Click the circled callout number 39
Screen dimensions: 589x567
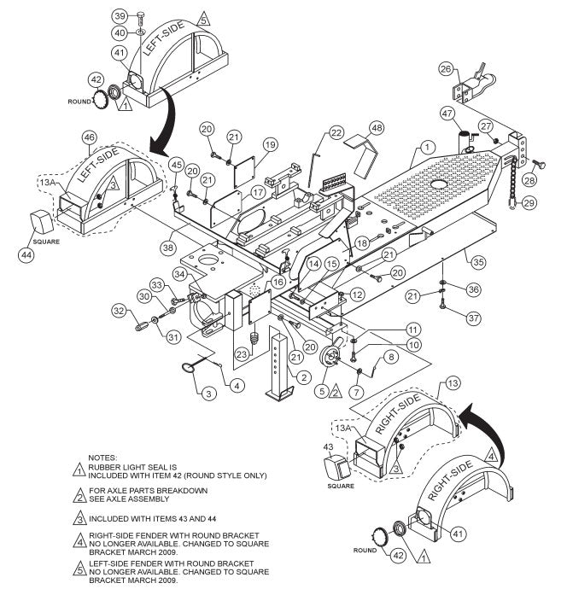tap(120, 16)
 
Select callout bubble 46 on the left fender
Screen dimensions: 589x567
tap(88, 137)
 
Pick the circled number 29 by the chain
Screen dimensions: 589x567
tap(529, 202)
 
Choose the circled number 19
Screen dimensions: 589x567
tap(270, 144)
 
